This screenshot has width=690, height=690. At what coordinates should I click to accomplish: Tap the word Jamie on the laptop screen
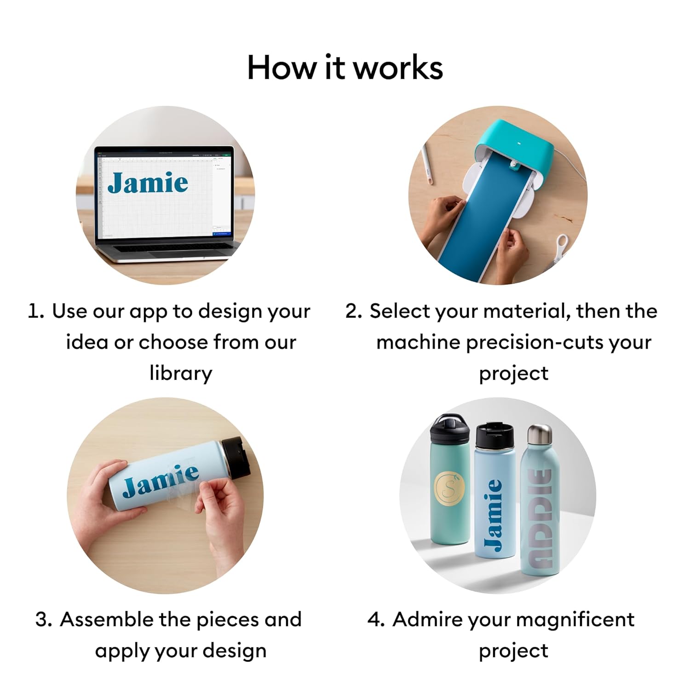(148, 183)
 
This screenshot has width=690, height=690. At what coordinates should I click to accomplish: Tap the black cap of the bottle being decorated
(236, 457)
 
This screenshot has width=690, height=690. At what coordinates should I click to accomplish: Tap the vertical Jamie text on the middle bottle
(494, 515)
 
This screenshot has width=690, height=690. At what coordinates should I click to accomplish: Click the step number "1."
(36, 311)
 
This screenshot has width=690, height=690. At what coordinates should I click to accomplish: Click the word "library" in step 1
(181, 374)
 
